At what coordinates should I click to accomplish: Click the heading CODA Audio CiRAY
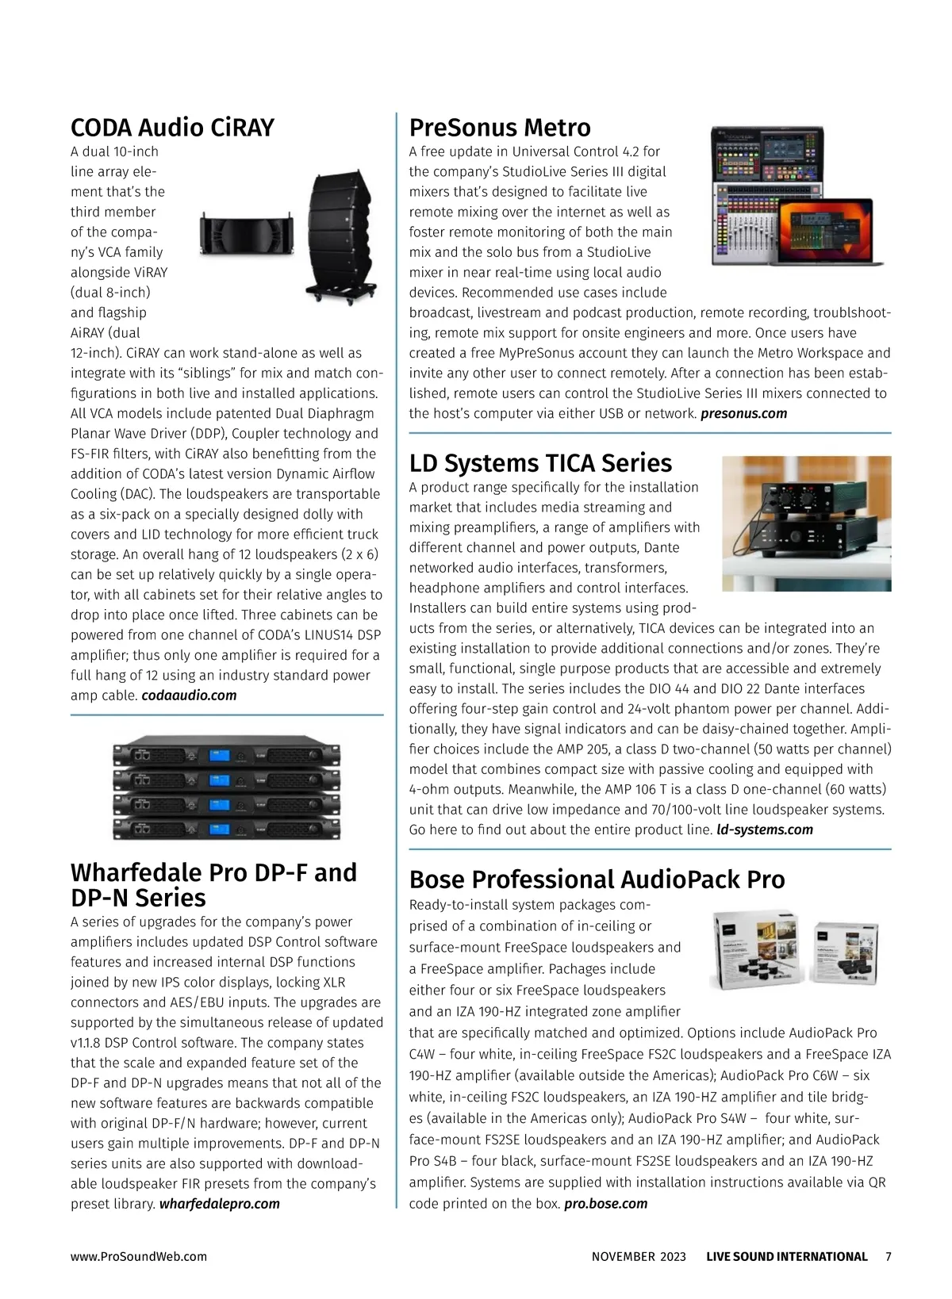(x=172, y=128)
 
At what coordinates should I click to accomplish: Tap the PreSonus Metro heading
(x=500, y=128)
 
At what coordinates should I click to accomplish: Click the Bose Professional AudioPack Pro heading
(x=597, y=879)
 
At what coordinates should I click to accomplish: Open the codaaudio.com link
(x=189, y=695)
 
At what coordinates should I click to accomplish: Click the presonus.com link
(x=743, y=413)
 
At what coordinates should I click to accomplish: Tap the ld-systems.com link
(x=764, y=830)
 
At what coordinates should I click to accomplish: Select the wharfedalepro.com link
(x=220, y=1204)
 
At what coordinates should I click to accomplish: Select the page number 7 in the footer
(x=888, y=1256)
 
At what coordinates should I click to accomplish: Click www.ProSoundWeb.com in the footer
(x=139, y=1256)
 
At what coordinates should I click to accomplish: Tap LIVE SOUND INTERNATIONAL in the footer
(x=786, y=1256)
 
